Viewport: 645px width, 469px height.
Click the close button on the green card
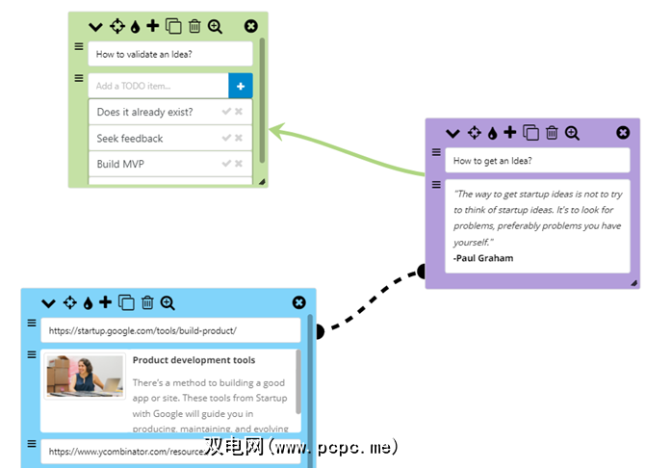(251, 27)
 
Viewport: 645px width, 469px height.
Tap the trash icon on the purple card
(552, 133)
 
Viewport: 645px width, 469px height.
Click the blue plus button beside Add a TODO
(241, 87)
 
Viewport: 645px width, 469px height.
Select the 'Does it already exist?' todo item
(144, 113)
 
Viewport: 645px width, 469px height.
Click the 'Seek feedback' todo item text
(130, 139)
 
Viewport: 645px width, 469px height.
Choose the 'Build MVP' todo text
(120, 165)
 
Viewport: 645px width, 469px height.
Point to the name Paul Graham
(484, 258)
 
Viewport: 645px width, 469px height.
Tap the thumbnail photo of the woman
(85, 377)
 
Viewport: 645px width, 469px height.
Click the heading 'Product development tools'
(193, 360)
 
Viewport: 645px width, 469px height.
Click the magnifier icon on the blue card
(168, 303)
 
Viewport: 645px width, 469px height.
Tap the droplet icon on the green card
(135, 27)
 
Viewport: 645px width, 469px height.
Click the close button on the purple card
(623, 133)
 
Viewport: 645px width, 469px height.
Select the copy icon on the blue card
(126, 303)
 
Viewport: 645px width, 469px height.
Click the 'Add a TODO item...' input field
(158, 87)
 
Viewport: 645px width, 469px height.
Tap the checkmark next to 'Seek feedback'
(226, 139)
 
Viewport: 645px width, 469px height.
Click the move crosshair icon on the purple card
(475, 133)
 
